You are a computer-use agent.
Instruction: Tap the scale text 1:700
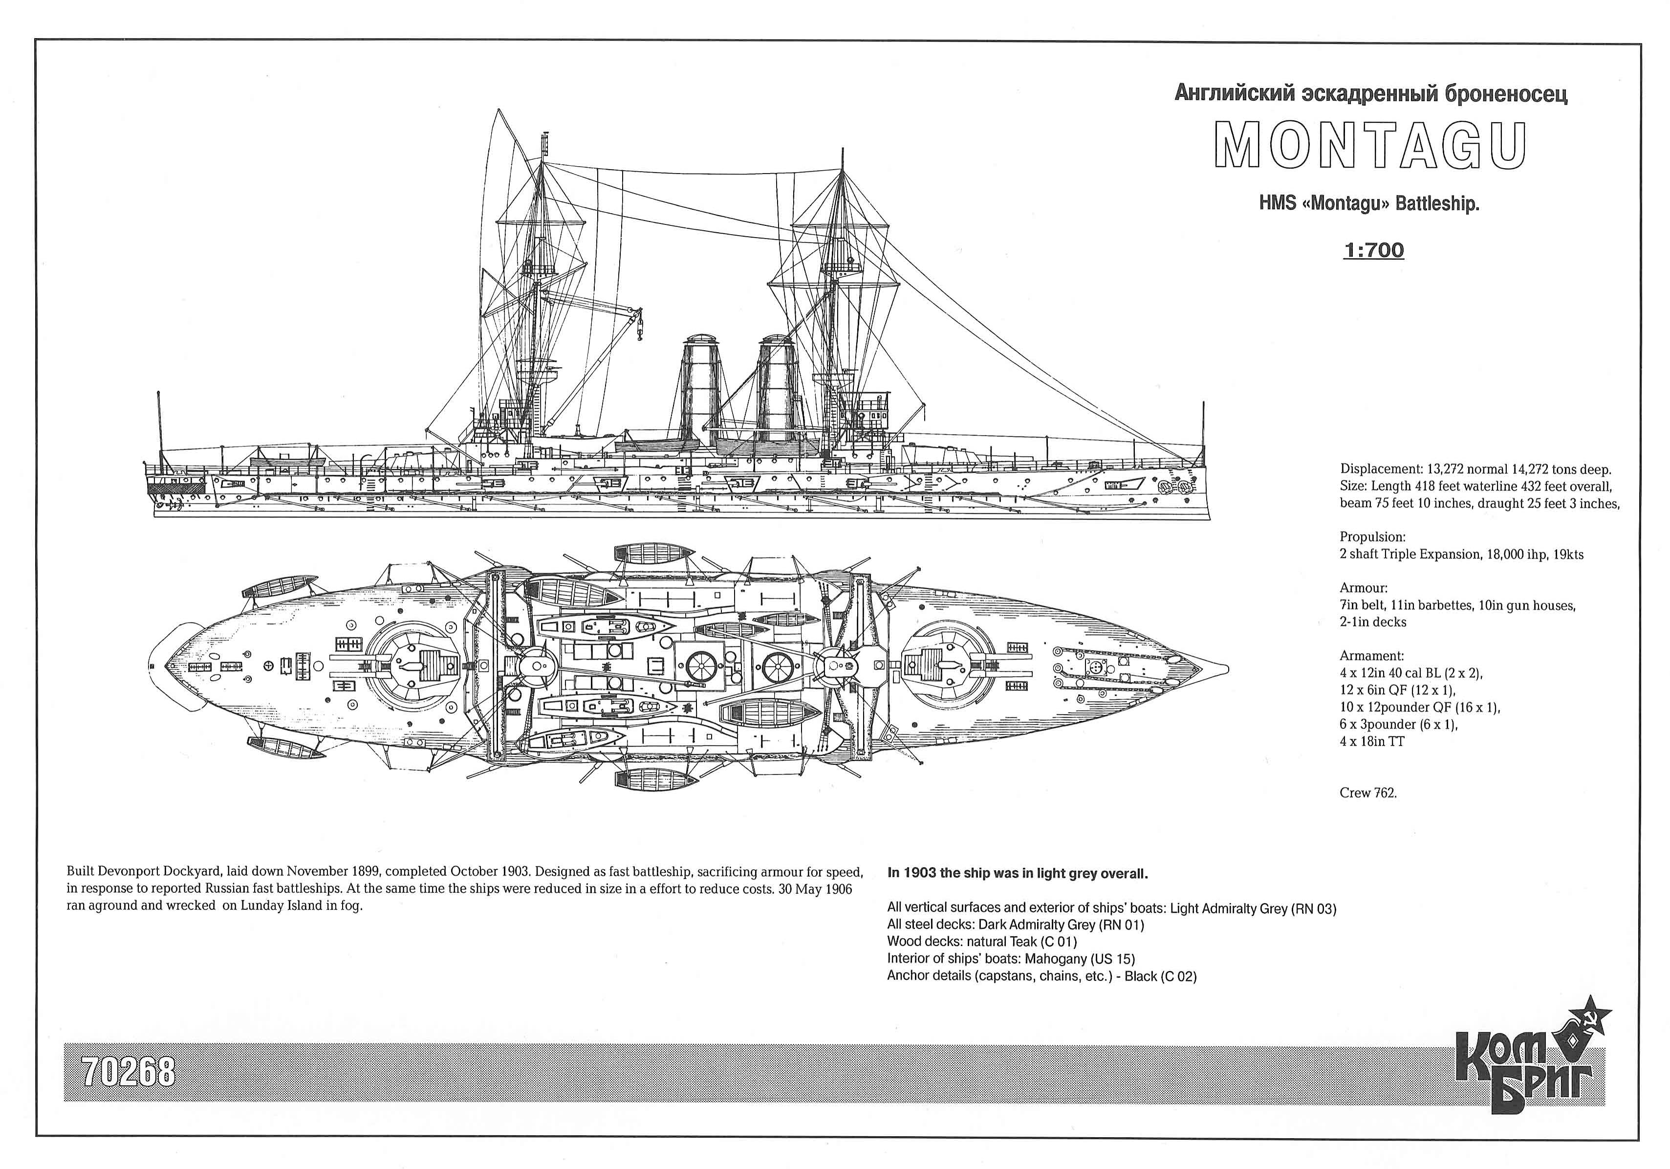coord(1373,250)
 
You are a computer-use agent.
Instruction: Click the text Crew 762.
coord(1368,793)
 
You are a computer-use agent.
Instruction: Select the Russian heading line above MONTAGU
coord(1371,94)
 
